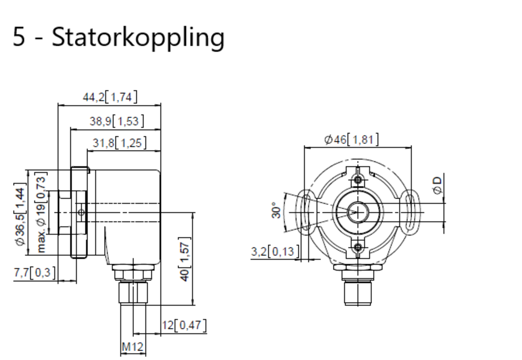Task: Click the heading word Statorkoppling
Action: coord(138,37)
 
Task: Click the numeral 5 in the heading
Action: coord(19,37)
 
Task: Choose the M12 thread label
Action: coord(133,347)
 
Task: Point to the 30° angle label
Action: coord(276,210)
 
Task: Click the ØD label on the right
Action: coord(437,185)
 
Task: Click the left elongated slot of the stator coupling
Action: coord(306,212)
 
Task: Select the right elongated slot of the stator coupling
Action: coord(410,212)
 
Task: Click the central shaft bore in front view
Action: coord(358,212)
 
